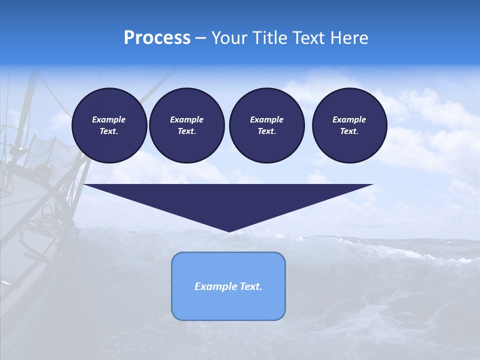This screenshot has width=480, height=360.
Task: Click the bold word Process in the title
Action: [x=157, y=37]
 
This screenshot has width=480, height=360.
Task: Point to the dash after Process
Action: [x=200, y=38]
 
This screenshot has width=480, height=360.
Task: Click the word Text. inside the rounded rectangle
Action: [x=251, y=286]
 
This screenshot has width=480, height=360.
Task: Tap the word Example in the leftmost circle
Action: [x=109, y=119]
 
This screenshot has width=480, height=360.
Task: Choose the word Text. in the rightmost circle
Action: [x=349, y=131]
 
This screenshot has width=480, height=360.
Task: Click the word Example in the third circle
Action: [x=266, y=119]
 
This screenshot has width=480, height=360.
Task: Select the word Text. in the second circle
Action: [x=186, y=131]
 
